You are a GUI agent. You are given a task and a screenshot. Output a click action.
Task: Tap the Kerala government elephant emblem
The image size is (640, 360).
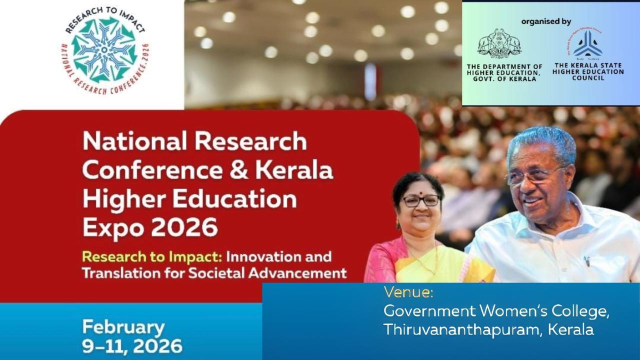point(499,44)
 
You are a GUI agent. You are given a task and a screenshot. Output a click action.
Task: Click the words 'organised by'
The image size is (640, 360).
point(546,21)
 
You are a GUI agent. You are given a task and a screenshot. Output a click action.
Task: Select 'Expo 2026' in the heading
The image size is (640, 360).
point(150,228)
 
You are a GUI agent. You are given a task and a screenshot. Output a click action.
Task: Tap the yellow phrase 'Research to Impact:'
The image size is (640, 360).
point(151,257)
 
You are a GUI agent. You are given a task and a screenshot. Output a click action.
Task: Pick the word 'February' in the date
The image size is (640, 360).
point(123,328)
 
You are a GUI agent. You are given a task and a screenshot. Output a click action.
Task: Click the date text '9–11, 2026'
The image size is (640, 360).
point(132,346)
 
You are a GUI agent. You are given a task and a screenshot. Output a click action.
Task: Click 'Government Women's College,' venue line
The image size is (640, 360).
point(496,311)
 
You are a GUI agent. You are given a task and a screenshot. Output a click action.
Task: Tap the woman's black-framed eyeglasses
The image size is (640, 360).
point(421,200)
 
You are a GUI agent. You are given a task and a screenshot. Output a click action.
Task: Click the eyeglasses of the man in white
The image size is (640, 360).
point(535,175)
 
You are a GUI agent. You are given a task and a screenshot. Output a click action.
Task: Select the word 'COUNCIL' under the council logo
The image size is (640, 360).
point(588,78)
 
